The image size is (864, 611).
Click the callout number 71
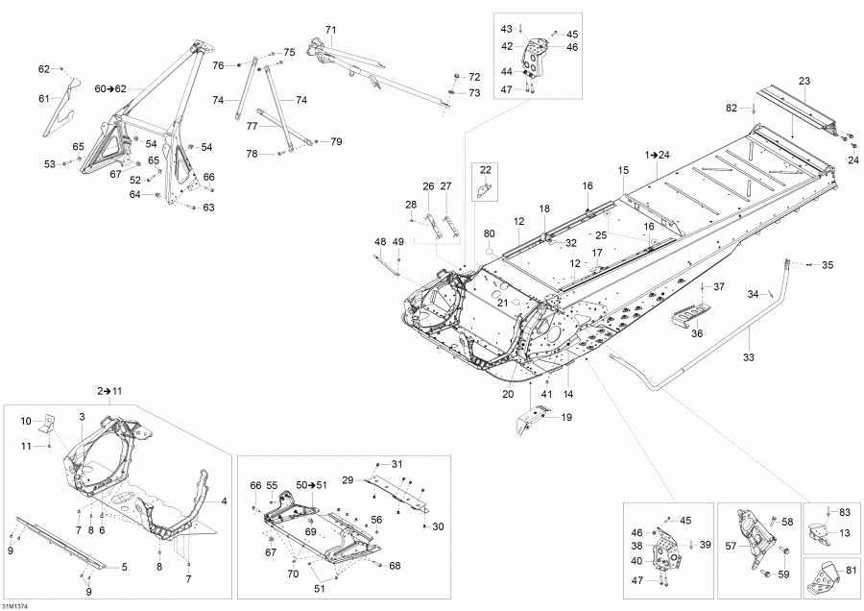(330, 30)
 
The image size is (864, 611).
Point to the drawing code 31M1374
(18, 603)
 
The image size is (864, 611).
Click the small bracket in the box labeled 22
(487, 188)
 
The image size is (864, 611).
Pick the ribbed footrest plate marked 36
(693, 315)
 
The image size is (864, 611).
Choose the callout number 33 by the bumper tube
(748, 357)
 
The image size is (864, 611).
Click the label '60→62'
(110, 87)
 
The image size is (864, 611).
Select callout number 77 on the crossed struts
(252, 126)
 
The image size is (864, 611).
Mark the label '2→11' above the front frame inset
(110, 392)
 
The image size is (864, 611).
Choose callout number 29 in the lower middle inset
(348, 478)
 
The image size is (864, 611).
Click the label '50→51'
(311, 486)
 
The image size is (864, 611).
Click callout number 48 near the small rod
(379, 241)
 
